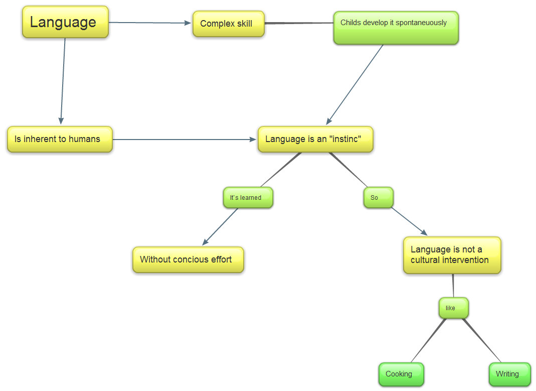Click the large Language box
(x=65, y=22)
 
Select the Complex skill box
(x=228, y=24)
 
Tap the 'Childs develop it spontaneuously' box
(x=396, y=28)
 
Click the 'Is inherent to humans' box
(x=60, y=139)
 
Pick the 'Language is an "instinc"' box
(x=315, y=139)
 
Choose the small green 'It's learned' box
(x=248, y=197)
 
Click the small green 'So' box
(x=378, y=197)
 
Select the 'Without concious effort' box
(x=188, y=259)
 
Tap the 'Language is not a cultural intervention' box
(x=452, y=255)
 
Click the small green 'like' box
(x=453, y=308)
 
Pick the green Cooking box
(x=401, y=374)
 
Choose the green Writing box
(x=509, y=374)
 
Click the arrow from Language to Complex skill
(x=150, y=23)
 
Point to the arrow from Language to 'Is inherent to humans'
(x=63, y=80)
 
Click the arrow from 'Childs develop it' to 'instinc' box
(x=355, y=84)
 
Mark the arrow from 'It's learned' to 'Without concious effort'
(x=221, y=226)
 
